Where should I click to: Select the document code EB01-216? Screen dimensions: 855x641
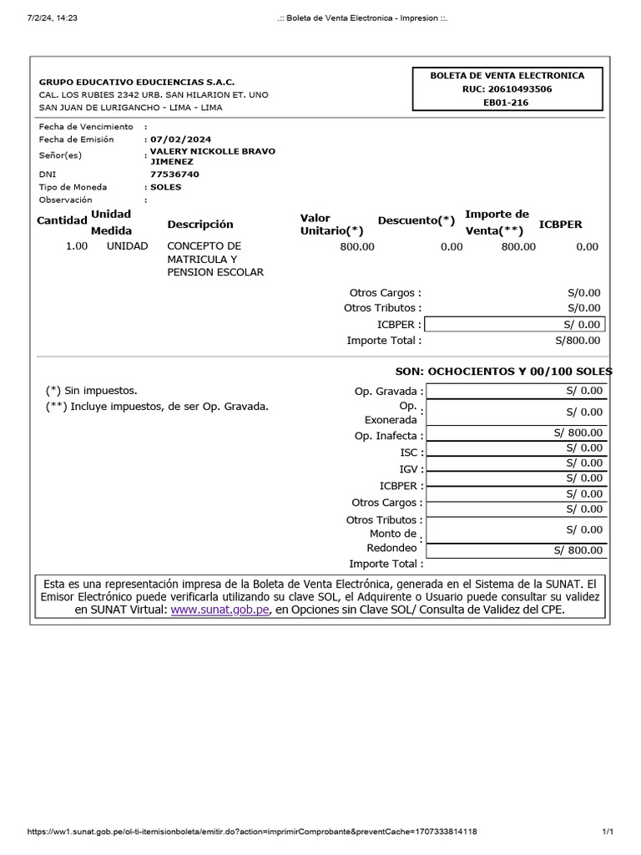tap(507, 103)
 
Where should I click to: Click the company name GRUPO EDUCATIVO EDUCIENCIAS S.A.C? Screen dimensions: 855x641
tap(137, 82)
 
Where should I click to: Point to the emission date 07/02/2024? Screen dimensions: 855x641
tap(181, 139)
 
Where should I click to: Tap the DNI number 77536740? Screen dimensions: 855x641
tap(174, 175)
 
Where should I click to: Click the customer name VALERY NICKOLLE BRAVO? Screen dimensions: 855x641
tap(212, 151)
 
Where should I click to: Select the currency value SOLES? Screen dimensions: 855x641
tap(166, 187)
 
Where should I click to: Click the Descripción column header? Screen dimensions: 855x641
tap(200, 225)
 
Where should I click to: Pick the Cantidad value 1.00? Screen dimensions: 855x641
tap(77, 246)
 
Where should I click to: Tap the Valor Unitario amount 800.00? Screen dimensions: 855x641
tap(357, 247)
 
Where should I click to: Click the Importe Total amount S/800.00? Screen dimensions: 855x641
tap(578, 340)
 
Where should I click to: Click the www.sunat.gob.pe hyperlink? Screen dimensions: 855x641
tap(220, 610)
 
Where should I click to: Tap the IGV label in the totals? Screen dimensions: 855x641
tap(408, 469)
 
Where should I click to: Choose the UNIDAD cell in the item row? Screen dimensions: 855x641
tap(127, 246)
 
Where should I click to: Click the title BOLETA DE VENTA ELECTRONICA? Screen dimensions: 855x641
tap(507, 75)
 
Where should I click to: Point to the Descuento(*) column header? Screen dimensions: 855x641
tap(416, 220)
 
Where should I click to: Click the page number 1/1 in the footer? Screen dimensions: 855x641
tap(608, 832)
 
